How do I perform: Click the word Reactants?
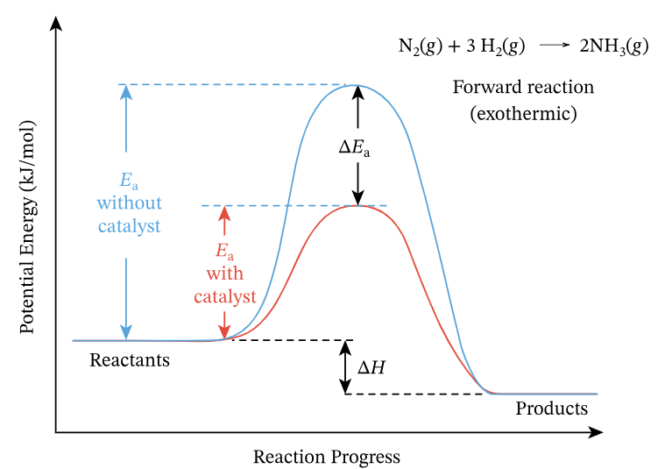click(x=130, y=359)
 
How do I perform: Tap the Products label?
click(x=551, y=409)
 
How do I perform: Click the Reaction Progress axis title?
click(x=326, y=457)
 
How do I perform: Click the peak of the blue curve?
click(x=357, y=85)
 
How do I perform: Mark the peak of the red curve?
click(x=357, y=205)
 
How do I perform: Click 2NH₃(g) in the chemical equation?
click(x=613, y=47)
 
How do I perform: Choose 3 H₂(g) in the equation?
click(x=496, y=47)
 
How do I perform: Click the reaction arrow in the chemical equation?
click(x=554, y=47)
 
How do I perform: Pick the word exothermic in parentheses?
click(x=523, y=113)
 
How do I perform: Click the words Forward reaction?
click(x=523, y=88)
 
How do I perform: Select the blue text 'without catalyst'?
click(x=130, y=214)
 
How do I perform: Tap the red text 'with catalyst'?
click(x=225, y=285)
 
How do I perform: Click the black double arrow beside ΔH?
click(x=344, y=367)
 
